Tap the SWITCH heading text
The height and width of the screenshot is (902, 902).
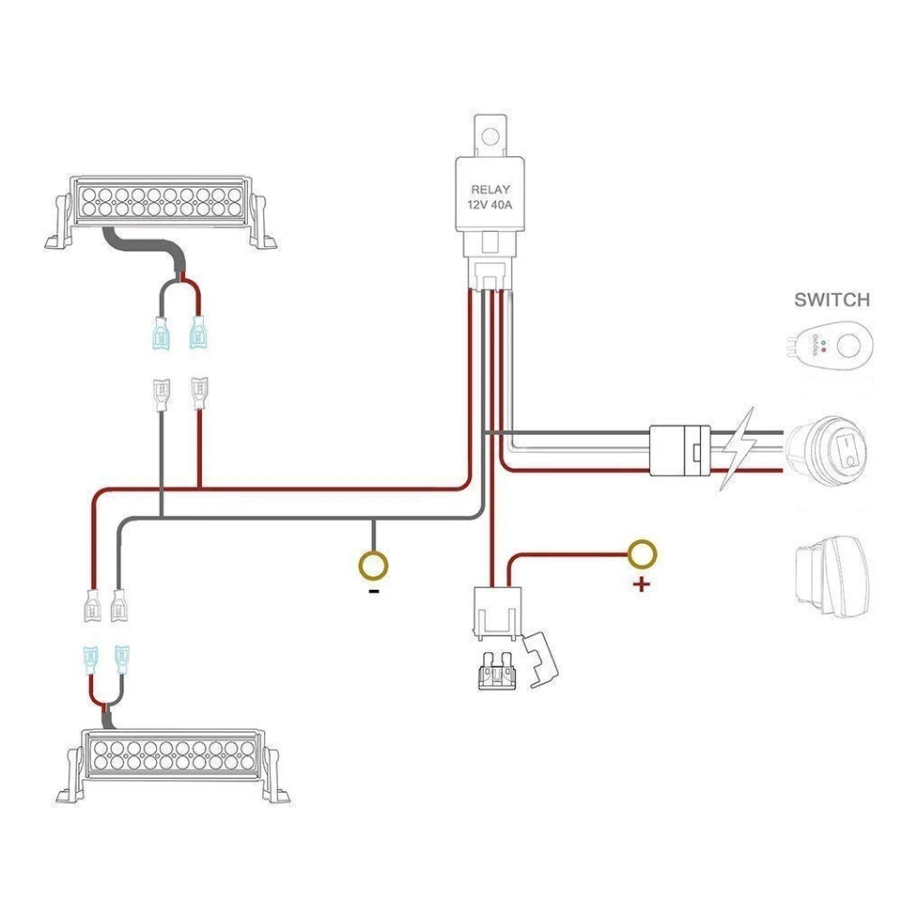click(x=832, y=301)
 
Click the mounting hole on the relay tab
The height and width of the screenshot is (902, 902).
click(x=488, y=137)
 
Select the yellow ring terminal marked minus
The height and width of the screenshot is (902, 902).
click(x=373, y=565)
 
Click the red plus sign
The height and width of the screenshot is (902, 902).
click(x=642, y=585)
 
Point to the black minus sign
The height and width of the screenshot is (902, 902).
click(x=374, y=592)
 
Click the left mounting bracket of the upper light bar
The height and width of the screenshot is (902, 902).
click(x=58, y=224)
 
